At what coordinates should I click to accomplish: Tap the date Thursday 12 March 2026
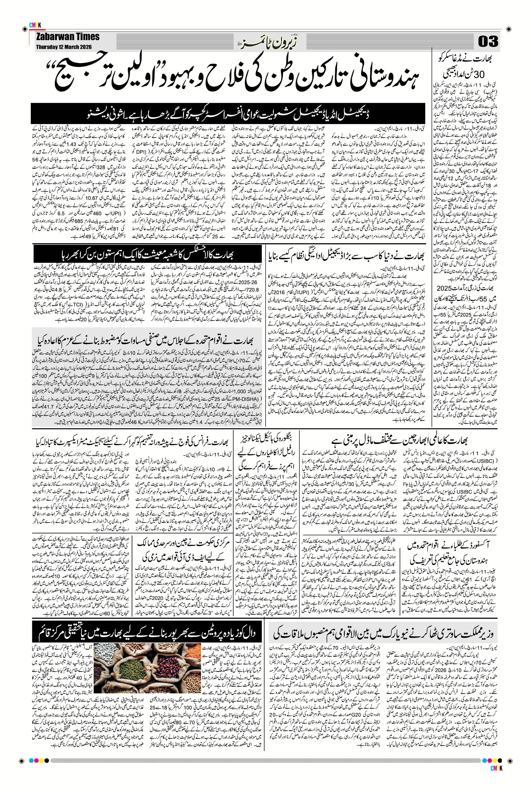click(63, 47)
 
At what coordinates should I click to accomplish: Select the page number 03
click(488, 42)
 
